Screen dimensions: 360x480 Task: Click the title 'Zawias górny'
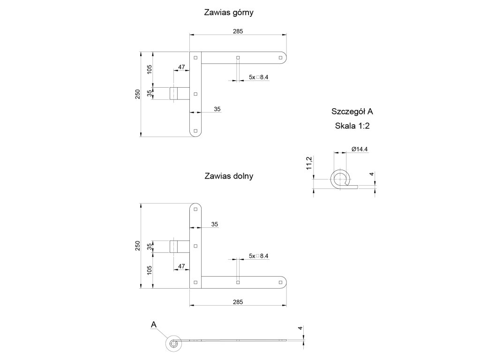click(229, 13)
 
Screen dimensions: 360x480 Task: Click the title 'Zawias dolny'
click(229, 176)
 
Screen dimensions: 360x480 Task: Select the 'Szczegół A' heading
click(352, 112)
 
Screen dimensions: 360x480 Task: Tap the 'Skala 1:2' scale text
click(352, 126)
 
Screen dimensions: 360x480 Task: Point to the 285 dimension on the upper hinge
click(238, 31)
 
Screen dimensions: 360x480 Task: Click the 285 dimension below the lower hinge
click(238, 302)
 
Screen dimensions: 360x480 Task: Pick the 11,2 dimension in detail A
click(309, 164)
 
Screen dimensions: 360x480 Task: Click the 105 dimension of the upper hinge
click(150, 69)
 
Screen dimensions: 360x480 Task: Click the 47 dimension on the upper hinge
click(181, 67)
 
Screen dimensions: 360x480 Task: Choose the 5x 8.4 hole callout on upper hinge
click(258, 77)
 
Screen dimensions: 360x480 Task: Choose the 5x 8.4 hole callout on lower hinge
click(258, 256)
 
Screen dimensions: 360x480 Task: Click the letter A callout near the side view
click(153, 324)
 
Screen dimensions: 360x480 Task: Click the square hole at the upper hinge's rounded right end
click(280, 57)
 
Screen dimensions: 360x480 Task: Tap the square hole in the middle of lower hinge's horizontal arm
click(238, 282)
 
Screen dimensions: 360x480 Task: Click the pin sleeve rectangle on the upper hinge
click(174, 93)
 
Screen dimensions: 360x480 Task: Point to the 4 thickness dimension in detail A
click(371, 174)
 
